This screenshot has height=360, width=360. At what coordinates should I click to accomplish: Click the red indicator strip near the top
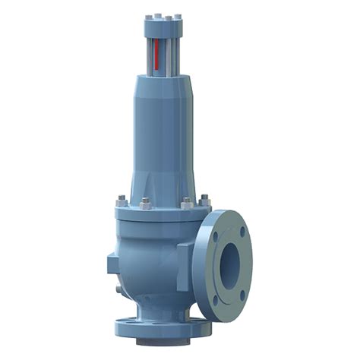coord(155,57)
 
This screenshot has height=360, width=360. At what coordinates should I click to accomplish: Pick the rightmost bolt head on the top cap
coord(178,16)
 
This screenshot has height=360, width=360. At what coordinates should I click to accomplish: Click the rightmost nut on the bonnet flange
coord(204,201)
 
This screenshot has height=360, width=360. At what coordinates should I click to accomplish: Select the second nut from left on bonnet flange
coord(145,204)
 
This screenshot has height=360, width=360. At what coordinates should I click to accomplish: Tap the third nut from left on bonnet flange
coord(186,204)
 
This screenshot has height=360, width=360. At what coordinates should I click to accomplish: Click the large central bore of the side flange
coord(229,260)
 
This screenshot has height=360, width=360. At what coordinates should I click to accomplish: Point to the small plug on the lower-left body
coord(118,289)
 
